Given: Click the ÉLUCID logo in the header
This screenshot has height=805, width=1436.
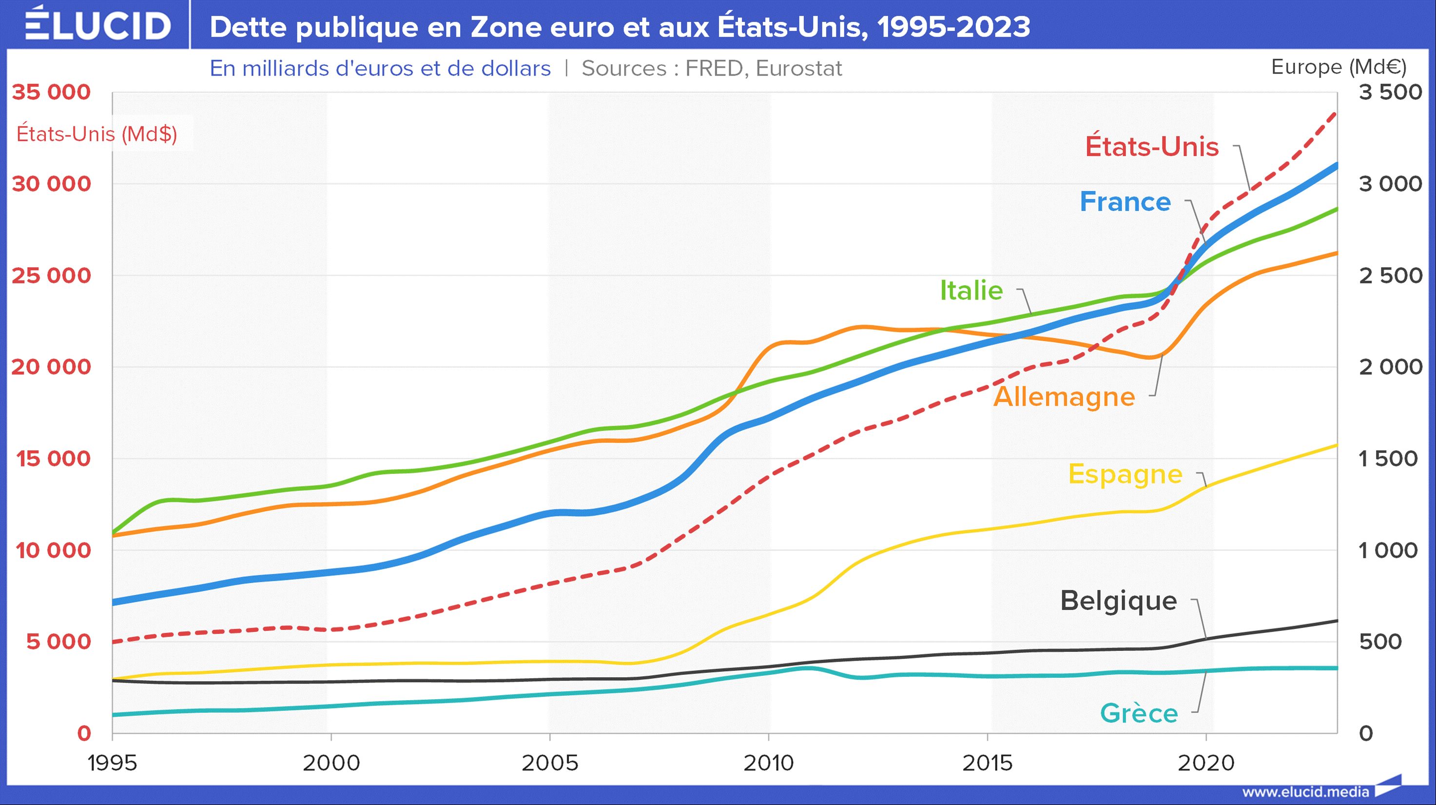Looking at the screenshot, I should [x=97, y=24].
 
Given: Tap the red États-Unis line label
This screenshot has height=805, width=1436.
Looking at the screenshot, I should [x=1152, y=147].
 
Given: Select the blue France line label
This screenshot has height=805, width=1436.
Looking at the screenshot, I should [x=1125, y=202].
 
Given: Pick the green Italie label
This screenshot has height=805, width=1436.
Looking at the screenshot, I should [x=971, y=291].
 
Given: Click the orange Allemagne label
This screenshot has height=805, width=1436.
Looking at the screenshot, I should [x=1064, y=397].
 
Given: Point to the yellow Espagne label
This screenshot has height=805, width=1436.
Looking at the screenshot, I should [x=1125, y=474].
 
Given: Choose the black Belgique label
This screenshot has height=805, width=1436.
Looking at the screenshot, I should [x=1118, y=601].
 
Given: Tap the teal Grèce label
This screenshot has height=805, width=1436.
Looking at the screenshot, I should [x=1139, y=713].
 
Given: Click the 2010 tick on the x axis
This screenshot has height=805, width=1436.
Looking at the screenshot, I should [x=768, y=763].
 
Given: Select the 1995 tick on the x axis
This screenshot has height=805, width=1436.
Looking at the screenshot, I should [x=112, y=763].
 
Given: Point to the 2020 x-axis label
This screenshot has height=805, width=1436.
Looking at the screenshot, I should [x=1206, y=763].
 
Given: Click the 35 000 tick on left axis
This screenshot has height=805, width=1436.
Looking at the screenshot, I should [x=51, y=92].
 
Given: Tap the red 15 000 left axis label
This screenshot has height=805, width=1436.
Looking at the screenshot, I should [x=53, y=459].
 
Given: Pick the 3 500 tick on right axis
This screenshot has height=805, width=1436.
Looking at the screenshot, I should [x=1390, y=92].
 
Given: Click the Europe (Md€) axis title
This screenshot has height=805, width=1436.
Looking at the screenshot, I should [x=1339, y=67].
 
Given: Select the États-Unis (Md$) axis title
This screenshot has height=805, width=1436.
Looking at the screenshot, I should [x=97, y=134].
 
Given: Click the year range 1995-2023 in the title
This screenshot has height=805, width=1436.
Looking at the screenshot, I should [x=954, y=27].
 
